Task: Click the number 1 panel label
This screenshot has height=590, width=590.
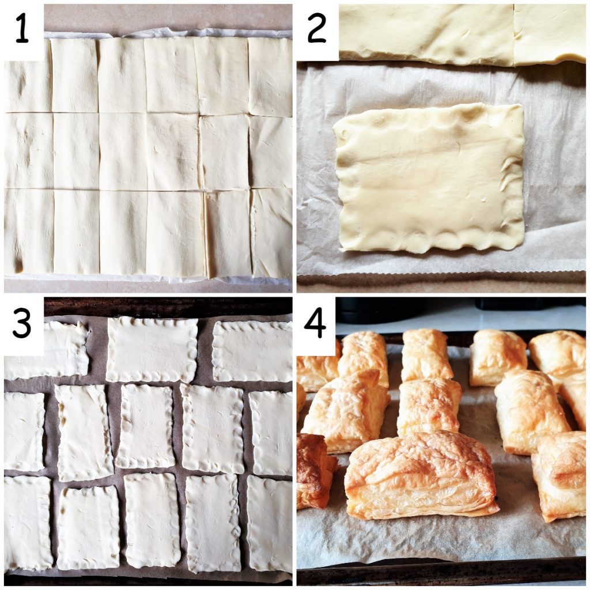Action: click(x=22, y=30)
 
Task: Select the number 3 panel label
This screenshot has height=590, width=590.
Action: click(x=22, y=324)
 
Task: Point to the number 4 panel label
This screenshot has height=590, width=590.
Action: click(x=316, y=324)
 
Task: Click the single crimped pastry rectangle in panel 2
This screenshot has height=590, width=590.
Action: click(x=429, y=177)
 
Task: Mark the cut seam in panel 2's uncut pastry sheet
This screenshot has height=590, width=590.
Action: click(x=514, y=35)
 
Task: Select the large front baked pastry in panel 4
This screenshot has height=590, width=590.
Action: click(x=421, y=474)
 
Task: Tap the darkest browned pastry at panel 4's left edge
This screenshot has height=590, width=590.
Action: click(x=314, y=470)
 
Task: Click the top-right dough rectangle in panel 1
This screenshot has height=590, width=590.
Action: click(x=270, y=76)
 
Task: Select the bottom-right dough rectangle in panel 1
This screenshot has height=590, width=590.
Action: click(x=271, y=233)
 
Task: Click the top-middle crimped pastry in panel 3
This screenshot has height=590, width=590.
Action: click(x=152, y=349)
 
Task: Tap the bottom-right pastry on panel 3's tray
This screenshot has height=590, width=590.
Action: click(x=269, y=524)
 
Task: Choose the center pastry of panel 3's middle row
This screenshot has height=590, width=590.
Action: click(x=145, y=426)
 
